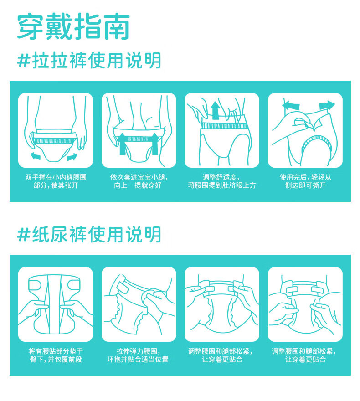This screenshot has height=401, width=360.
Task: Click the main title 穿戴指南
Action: (x=74, y=26)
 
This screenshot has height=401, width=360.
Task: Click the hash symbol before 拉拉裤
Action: (x=24, y=61)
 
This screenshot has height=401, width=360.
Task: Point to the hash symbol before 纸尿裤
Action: (x=24, y=235)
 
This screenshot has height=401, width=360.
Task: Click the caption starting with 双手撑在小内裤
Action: (x=56, y=181)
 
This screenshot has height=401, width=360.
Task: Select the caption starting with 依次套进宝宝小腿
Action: (x=139, y=181)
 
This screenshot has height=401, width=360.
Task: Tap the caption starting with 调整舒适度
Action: (x=222, y=181)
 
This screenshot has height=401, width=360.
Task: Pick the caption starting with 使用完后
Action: (x=305, y=181)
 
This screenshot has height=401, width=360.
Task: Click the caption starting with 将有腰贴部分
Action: (x=56, y=355)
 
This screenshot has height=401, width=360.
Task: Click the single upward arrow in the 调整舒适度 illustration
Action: (x=216, y=110)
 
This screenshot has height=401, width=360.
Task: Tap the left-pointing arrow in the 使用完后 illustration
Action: (x=291, y=105)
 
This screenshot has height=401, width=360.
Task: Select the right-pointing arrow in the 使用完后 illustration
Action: (x=327, y=105)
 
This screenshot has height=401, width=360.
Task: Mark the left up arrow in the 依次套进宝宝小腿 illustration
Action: (x=123, y=144)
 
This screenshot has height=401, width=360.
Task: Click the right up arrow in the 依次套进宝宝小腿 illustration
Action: (x=155, y=144)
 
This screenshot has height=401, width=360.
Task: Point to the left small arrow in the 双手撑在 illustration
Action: (x=36, y=155)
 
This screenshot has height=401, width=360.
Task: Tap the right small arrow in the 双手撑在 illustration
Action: (x=72, y=157)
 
